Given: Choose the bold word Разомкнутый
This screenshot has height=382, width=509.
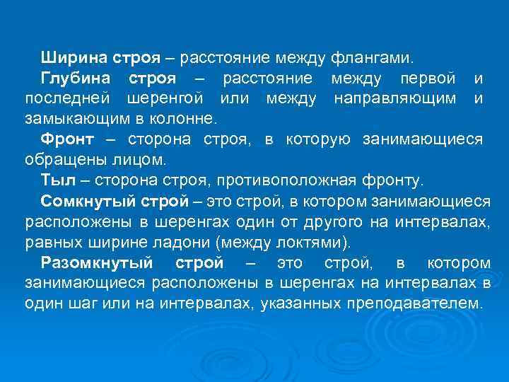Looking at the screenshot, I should (97, 264).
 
